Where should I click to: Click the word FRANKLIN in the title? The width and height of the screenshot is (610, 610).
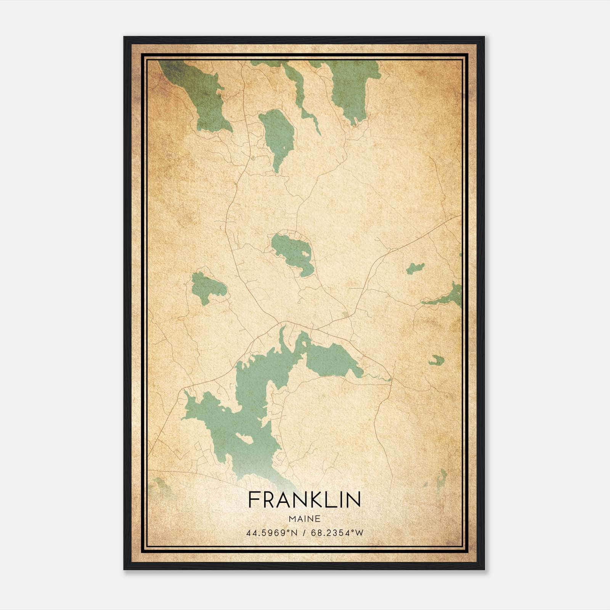[304, 500]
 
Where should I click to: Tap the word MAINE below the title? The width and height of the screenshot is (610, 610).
[304, 518]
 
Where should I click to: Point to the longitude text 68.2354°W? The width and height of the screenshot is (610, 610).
[337, 533]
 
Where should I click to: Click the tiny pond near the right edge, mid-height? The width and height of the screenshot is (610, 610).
[415, 268]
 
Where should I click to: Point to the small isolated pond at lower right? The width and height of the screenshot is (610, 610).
[437, 360]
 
